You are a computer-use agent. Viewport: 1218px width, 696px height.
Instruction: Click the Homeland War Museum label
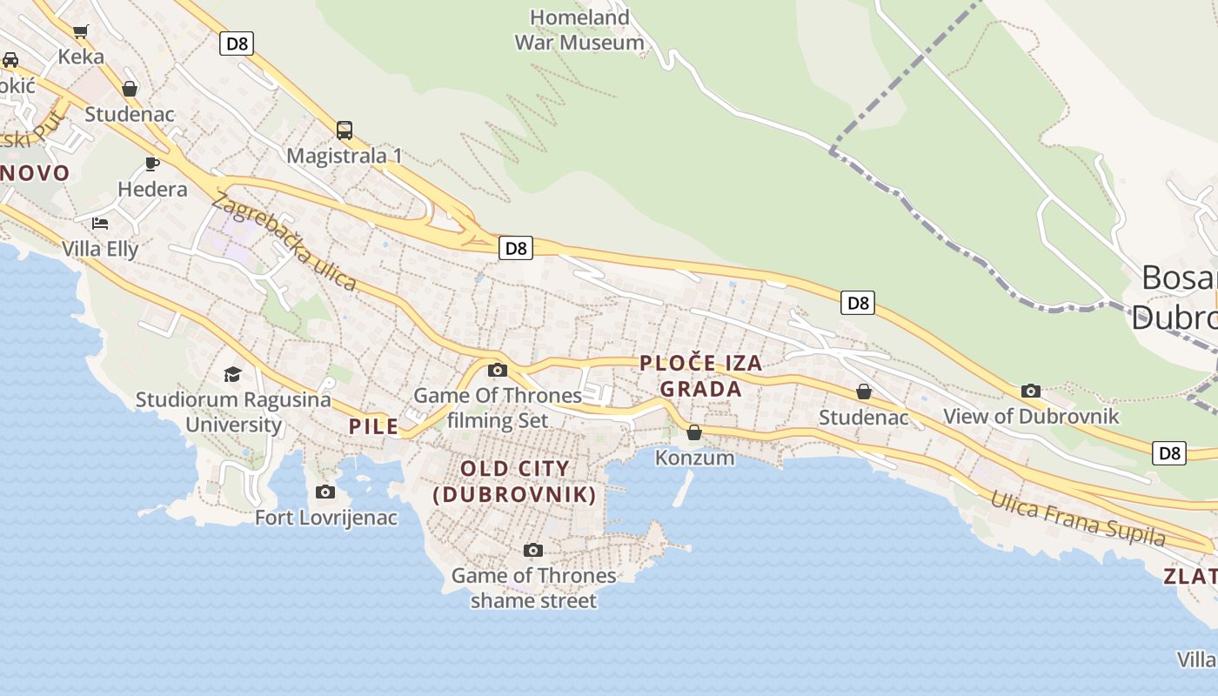coord(579,30)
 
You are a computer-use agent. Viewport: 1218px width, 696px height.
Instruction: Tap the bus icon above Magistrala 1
coord(345,130)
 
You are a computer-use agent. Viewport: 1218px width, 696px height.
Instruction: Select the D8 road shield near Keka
coord(236,43)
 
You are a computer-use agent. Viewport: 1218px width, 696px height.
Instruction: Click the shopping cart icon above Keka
coord(81,32)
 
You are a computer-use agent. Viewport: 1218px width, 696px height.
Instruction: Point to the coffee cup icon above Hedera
coord(152,164)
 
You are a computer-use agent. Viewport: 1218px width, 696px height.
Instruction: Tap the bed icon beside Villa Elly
coord(100,223)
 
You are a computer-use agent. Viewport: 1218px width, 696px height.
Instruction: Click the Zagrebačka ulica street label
coord(284,241)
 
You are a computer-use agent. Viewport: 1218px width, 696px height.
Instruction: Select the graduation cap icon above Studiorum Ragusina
coord(232,374)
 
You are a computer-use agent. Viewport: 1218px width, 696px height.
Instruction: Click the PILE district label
coord(373,426)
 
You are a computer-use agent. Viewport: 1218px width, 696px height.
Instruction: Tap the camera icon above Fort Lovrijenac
coord(325,492)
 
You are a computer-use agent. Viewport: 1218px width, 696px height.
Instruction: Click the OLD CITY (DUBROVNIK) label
coord(514,481)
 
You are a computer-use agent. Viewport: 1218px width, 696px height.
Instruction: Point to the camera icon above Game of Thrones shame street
coord(533,550)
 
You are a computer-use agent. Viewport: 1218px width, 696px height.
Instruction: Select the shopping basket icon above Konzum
coord(694,432)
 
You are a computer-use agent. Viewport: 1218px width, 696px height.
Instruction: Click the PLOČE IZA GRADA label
coord(700,376)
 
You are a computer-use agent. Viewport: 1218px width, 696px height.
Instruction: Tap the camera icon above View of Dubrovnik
coord(1031,391)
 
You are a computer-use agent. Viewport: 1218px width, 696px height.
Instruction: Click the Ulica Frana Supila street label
coord(1078,519)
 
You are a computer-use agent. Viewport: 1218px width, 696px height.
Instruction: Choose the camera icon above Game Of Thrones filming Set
coord(498,370)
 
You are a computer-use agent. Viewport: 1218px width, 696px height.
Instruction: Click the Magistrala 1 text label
coord(345,156)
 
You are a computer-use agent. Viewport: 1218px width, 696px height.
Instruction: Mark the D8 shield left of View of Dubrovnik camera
coord(858,303)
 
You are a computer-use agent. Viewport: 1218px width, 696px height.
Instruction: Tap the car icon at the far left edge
coord(10,60)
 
